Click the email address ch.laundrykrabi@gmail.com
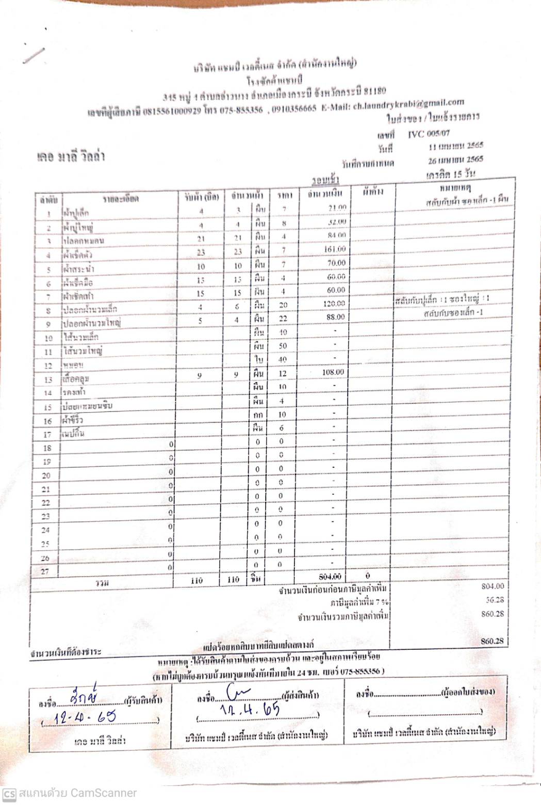[x=408, y=104]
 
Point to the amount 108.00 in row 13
[x=333, y=372]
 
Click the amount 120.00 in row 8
[x=334, y=304]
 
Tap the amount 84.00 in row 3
[x=337, y=235]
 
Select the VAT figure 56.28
[x=495, y=600]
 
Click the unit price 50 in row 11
[x=283, y=346]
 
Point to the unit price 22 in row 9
[x=283, y=319]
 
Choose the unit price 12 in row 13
[x=283, y=373]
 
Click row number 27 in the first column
[x=45, y=571]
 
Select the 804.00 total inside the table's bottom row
[x=330, y=577]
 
